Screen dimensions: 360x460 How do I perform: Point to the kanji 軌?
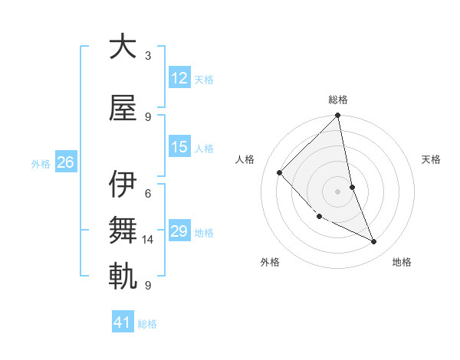[x=123, y=277]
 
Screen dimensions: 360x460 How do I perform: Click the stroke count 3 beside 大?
[x=148, y=56]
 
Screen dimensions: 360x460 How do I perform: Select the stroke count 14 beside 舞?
[x=149, y=240]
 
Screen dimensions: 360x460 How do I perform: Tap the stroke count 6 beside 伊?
[x=148, y=194]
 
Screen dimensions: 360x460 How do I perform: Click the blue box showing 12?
[x=179, y=78]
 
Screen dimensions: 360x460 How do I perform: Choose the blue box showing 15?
[x=179, y=147]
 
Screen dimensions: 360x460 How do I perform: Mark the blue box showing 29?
[x=179, y=231]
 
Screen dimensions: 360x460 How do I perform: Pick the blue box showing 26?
[x=65, y=162]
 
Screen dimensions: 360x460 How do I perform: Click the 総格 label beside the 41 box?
[x=147, y=324]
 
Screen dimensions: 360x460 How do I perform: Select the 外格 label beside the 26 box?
[x=41, y=163]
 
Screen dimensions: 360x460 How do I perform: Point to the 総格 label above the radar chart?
[x=338, y=100]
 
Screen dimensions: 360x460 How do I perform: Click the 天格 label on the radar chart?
[x=432, y=159]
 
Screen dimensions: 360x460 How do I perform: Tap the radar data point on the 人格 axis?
[x=280, y=172]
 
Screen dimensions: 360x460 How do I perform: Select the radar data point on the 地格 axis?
[x=374, y=242]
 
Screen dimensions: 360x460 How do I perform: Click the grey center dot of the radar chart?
[x=338, y=191]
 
